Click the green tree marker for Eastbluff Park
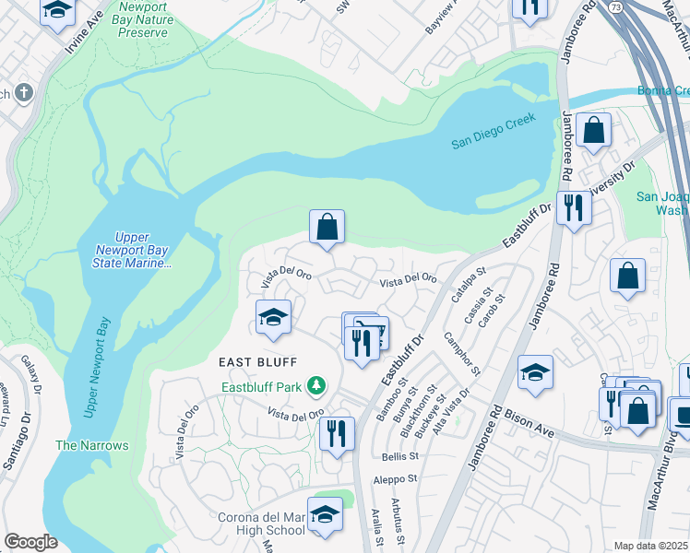click(x=316, y=383)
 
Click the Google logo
click(x=30, y=542)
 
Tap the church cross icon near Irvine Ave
click(x=23, y=93)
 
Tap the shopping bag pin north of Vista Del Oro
click(x=327, y=227)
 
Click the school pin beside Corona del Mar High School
click(x=324, y=516)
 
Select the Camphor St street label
click(x=462, y=354)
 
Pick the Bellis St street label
click(x=399, y=455)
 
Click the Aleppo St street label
click(x=395, y=479)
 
